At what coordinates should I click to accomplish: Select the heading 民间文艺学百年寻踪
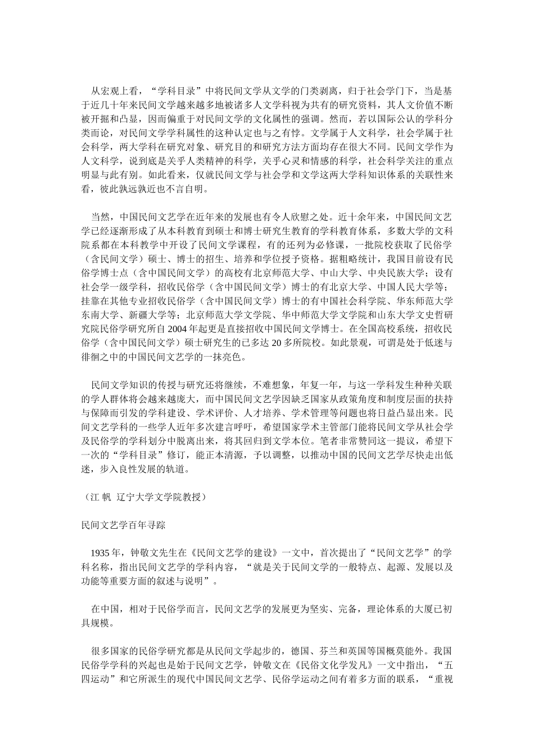(x=123, y=525)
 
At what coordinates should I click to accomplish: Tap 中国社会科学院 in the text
(x=341, y=300)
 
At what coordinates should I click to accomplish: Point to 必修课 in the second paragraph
(x=334, y=245)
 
